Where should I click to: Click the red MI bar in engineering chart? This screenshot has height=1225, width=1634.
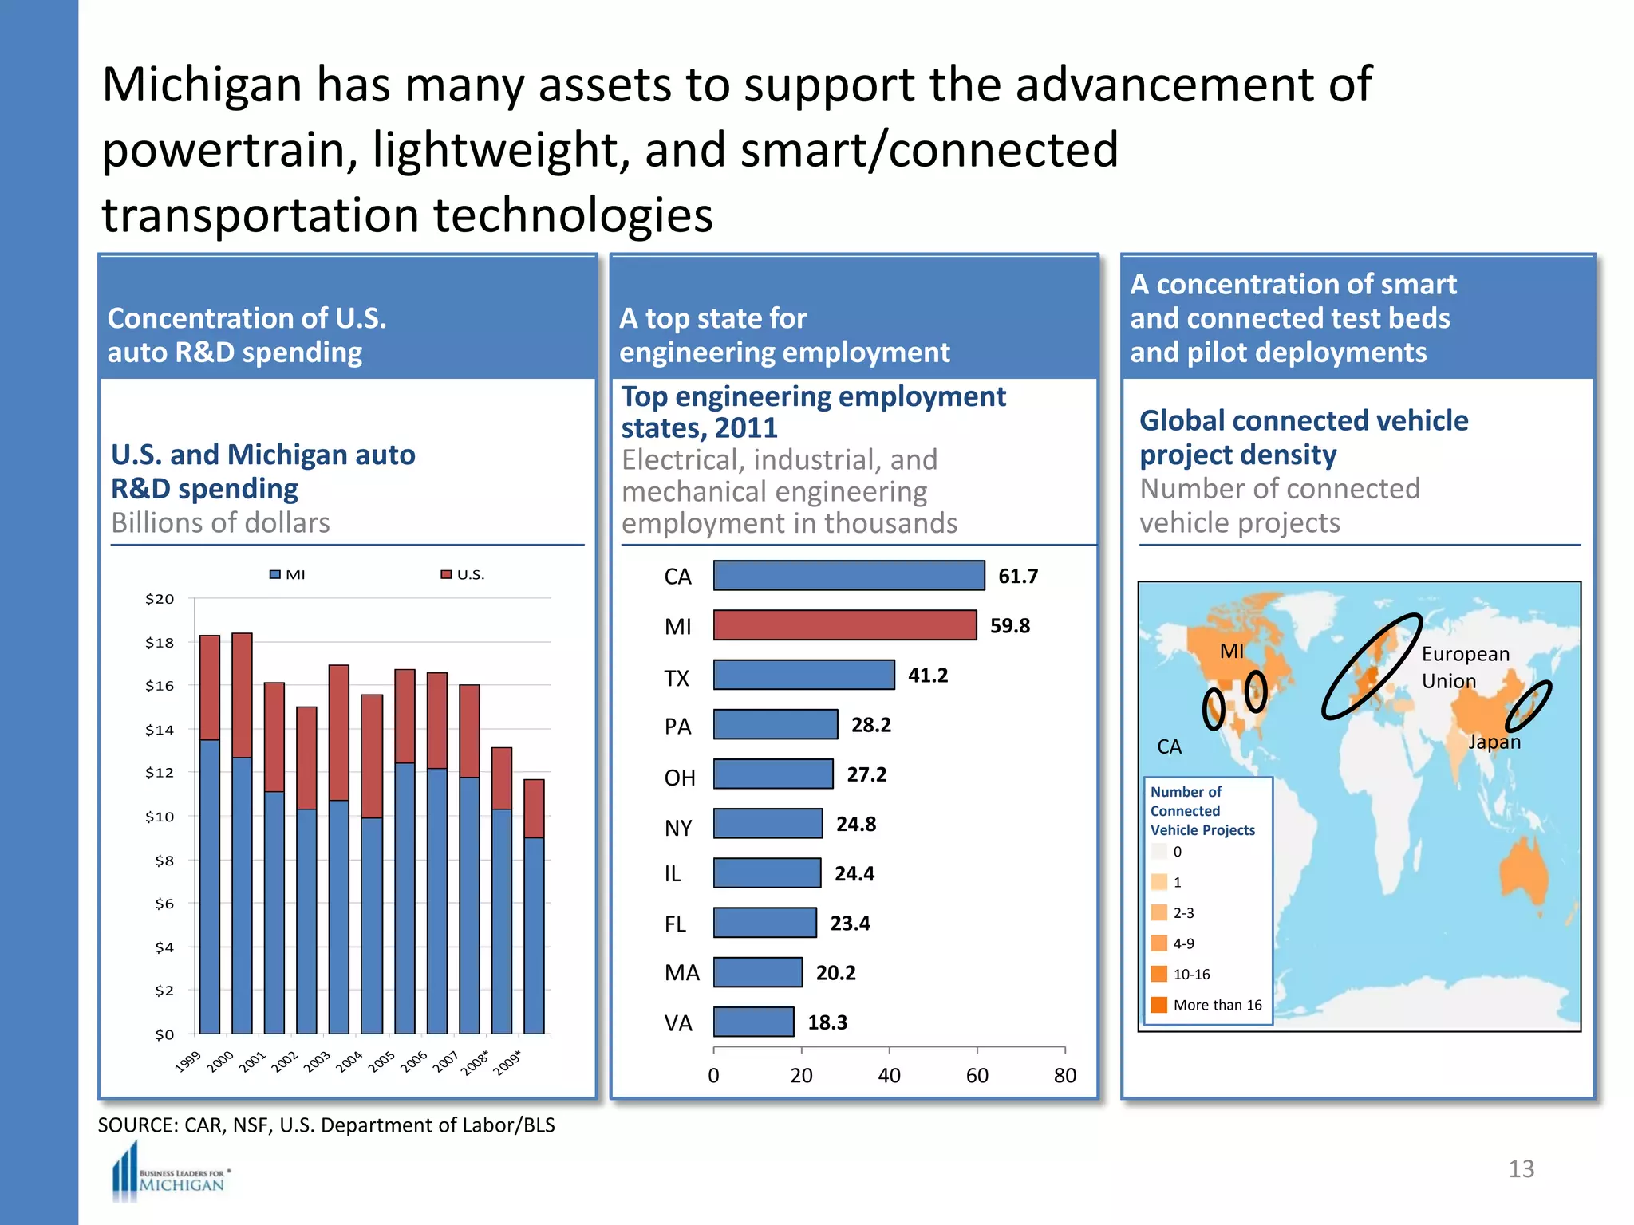[x=844, y=625]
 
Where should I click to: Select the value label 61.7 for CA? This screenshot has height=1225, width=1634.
[x=1017, y=576]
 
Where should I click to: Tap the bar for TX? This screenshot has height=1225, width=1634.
[x=803, y=675]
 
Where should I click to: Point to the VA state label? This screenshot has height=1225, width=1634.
[x=678, y=1022]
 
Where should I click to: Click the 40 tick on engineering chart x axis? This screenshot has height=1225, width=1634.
[x=889, y=1076]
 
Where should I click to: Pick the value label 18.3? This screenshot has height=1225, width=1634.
[x=827, y=1022]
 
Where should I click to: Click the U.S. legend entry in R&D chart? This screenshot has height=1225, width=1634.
[x=463, y=574]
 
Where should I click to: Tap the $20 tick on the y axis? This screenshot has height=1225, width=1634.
[x=160, y=598]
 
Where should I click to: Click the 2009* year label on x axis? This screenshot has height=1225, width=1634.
[x=507, y=1062]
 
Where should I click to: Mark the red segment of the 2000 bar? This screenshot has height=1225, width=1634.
[x=242, y=695]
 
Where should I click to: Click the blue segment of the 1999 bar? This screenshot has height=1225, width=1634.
[x=210, y=885]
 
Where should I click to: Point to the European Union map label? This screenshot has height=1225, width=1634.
[x=1465, y=668]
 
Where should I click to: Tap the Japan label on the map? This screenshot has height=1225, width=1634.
[x=1494, y=742]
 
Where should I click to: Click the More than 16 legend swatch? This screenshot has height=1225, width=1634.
[x=1159, y=1005]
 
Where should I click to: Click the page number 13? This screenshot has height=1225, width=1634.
[x=1521, y=1168]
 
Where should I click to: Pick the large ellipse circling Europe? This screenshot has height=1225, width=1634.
[x=1372, y=666]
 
